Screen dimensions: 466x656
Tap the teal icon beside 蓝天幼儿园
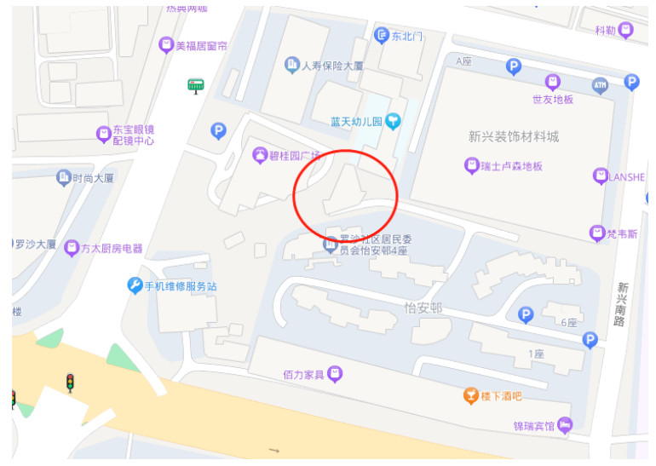tap(393, 121)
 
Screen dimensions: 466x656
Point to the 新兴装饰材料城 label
tap(513, 136)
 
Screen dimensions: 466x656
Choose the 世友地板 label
tap(553, 99)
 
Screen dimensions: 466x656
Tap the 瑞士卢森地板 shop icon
tap(471, 165)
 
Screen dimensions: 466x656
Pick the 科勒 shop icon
tap(626, 31)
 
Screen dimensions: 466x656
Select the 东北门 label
tap(406, 36)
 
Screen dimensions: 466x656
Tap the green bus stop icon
tap(196, 84)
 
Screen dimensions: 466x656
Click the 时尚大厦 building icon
tap(63, 177)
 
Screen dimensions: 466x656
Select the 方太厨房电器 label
tap(112, 249)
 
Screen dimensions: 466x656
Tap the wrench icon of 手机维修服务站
tap(135, 285)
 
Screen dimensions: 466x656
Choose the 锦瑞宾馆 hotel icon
tap(565, 424)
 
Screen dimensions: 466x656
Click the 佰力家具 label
tap(303, 374)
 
